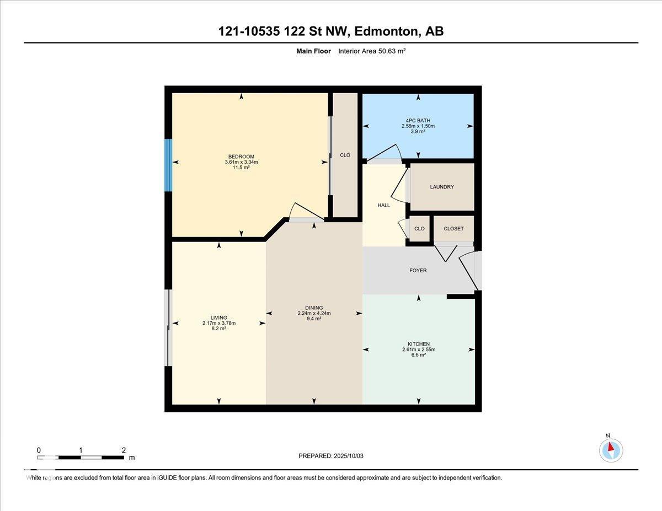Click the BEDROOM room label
(x=241, y=157)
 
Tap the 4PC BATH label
(x=418, y=121)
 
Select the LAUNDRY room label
(x=442, y=187)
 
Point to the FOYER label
(x=418, y=270)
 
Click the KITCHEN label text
(x=419, y=344)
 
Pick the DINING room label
(x=314, y=308)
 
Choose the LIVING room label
(x=219, y=318)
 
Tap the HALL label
(x=383, y=206)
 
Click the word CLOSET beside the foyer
(x=453, y=229)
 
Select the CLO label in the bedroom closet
(x=345, y=155)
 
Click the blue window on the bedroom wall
(x=168, y=165)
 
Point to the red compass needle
(x=611, y=447)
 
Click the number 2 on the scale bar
(x=124, y=450)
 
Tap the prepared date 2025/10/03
(x=349, y=456)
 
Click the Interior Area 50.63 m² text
(x=372, y=51)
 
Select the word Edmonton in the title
(x=386, y=31)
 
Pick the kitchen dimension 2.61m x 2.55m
(x=419, y=349)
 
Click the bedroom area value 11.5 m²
(x=241, y=168)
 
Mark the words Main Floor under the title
(x=313, y=51)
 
